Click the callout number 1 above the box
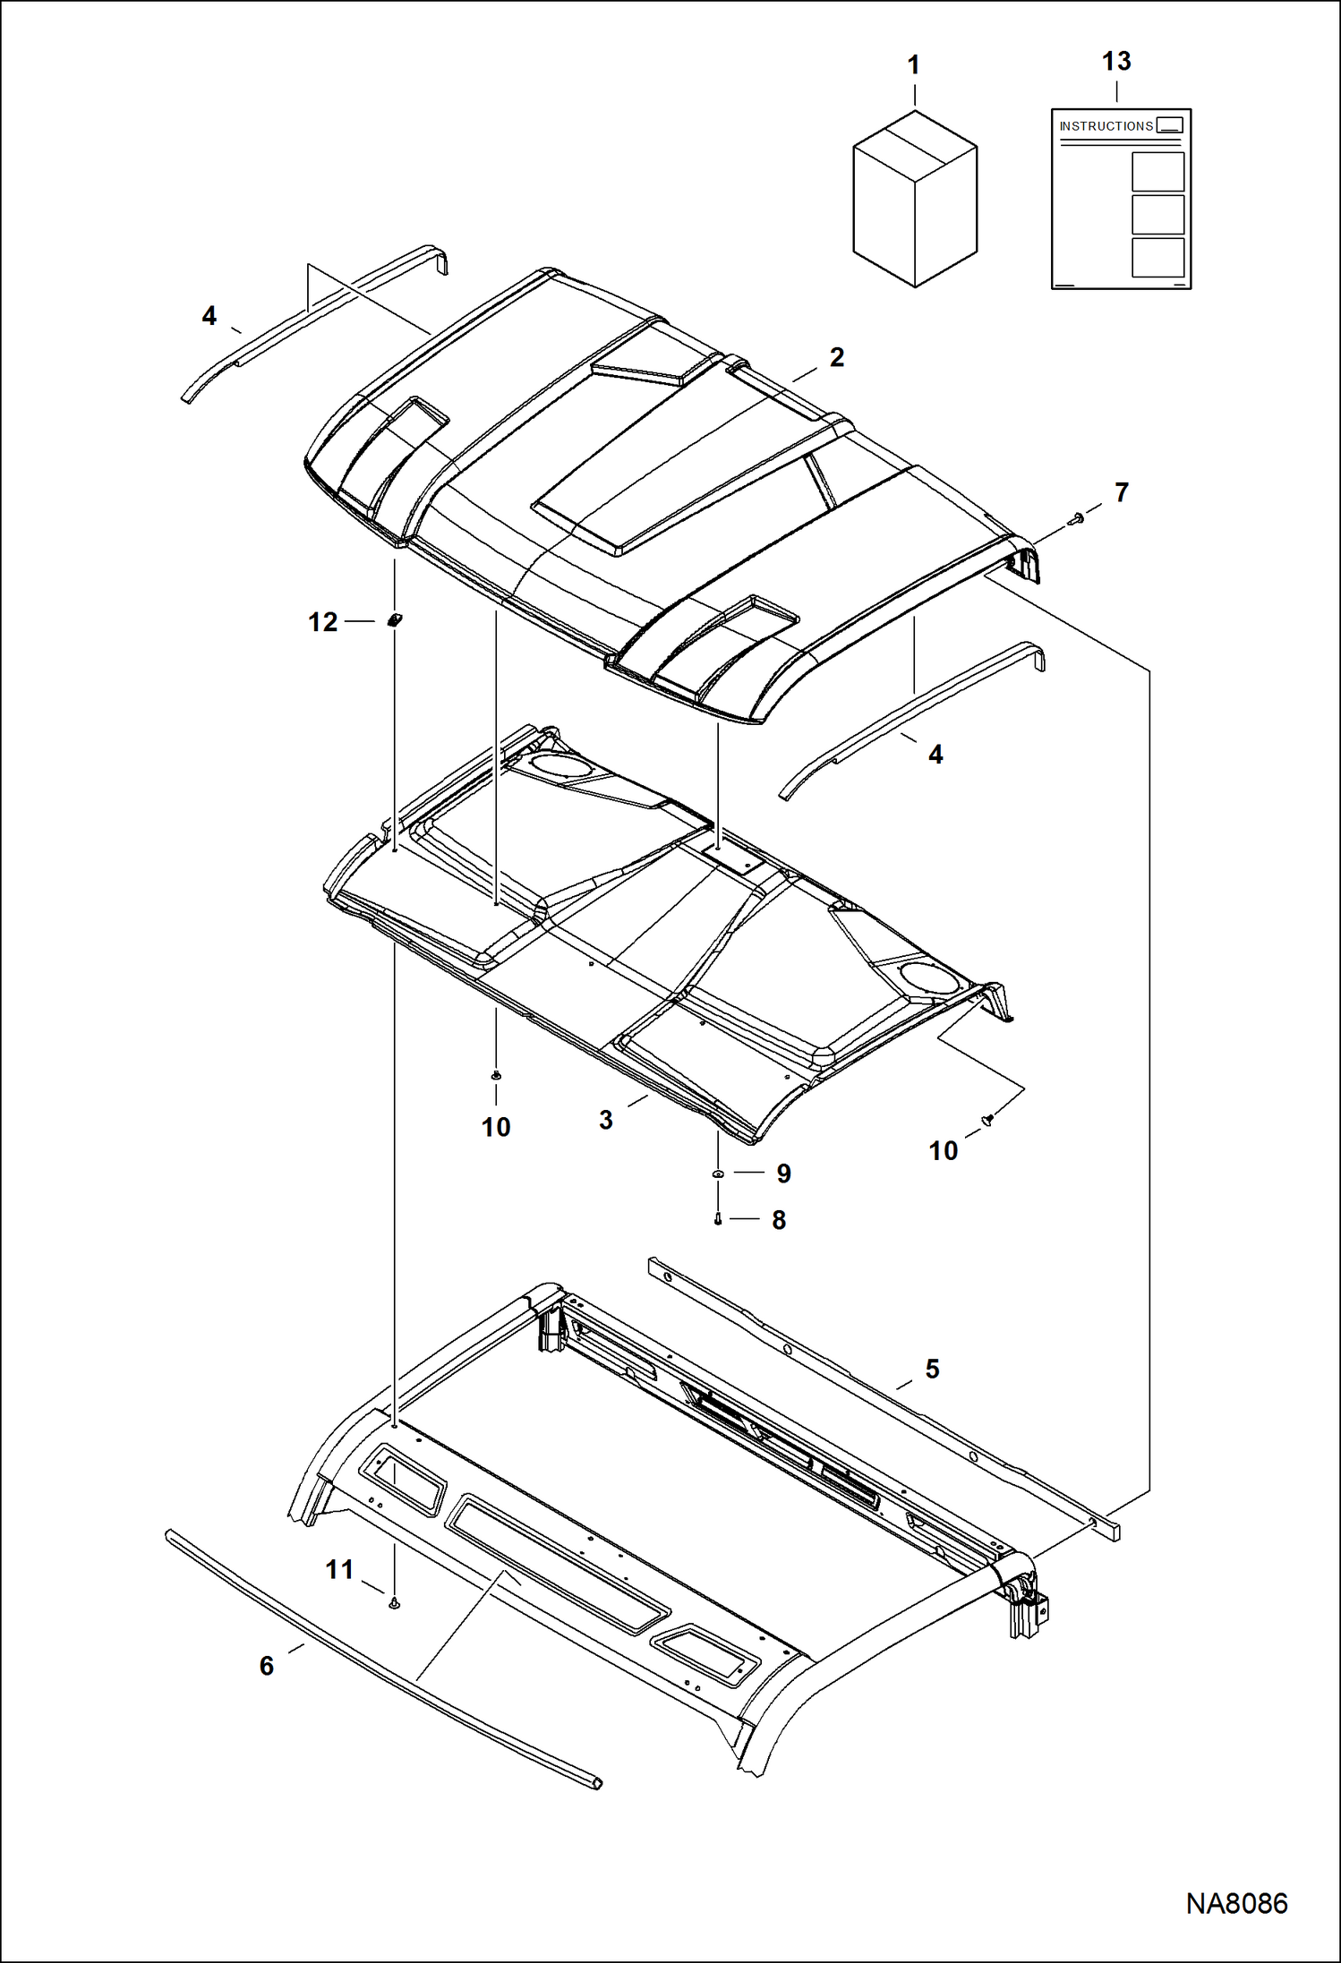(913, 65)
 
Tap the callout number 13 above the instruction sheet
(1116, 61)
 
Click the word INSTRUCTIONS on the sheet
(1106, 126)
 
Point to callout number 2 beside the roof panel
(836, 357)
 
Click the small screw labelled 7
(1075, 518)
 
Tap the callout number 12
(322, 622)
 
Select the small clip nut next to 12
(394, 619)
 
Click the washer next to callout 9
(718, 1173)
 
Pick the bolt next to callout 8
(718, 1218)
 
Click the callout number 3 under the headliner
(606, 1120)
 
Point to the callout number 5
(932, 1369)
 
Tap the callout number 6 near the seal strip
(267, 1666)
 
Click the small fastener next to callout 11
(394, 1603)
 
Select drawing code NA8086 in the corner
(1236, 1903)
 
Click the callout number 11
(339, 1569)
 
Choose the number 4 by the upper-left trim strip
(209, 316)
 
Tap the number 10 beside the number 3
(496, 1127)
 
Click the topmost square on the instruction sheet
(1157, 171)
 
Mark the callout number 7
(1121, 492)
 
